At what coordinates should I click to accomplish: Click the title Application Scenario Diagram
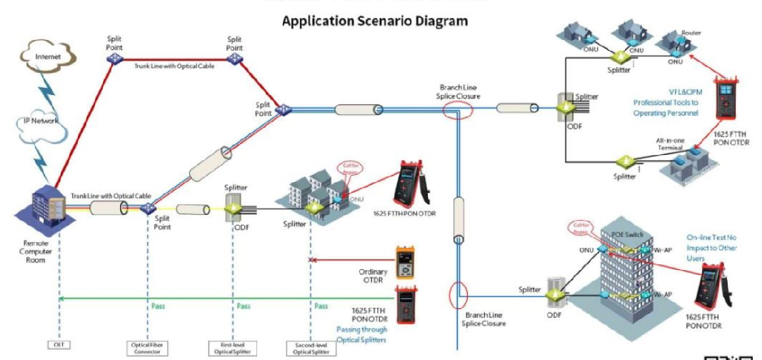pos(375,21)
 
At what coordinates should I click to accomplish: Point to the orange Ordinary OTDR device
pos(406,261)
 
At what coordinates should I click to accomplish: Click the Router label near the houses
pos(691,33)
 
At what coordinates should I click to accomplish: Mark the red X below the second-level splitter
pos(310,261)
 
